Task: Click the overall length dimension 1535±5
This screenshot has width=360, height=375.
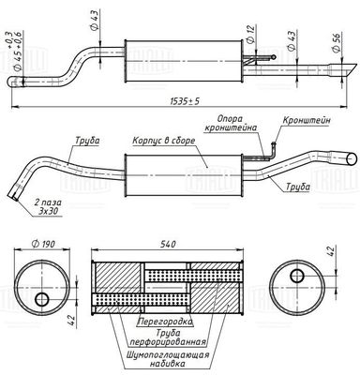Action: click(185, 101)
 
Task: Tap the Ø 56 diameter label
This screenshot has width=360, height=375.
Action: click(337, 42)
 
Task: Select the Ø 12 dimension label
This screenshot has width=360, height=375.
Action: click(251, 35)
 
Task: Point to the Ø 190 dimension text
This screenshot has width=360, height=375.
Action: click(43, 244)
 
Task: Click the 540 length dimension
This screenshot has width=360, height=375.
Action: click(167, 244)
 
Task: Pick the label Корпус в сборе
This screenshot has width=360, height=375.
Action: click(163, 141)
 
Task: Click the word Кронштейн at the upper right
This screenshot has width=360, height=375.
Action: click(307, 120)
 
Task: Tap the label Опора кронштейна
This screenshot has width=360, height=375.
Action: click(231, 124)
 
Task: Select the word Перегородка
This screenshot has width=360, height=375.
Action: click(165, 321)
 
